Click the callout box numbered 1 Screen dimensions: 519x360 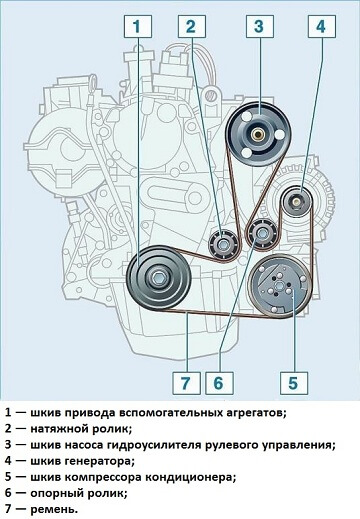coord(140,27)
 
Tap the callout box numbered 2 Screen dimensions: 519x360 coord(194,27)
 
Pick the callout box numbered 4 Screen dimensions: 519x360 coord(320,27)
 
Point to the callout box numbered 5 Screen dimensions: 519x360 coord(292,380)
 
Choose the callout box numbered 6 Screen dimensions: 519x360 coord(221,380)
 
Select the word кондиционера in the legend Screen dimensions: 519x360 coord(189,477)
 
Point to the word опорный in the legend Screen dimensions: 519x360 coord(60,493)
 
